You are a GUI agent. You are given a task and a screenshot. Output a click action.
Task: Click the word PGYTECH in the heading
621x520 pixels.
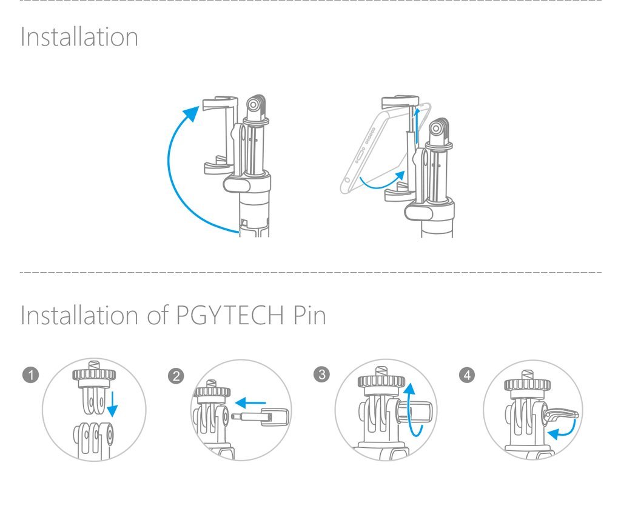point(229,315)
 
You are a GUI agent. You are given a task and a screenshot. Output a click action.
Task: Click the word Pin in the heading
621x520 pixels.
point(310,315)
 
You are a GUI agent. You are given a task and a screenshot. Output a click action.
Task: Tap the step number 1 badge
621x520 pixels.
point(31,375)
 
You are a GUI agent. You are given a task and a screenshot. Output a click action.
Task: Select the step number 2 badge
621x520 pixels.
point(176,376)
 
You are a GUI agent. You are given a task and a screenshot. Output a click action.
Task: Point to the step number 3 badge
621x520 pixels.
point(321,375)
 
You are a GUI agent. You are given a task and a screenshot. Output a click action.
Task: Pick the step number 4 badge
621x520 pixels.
point(467,375)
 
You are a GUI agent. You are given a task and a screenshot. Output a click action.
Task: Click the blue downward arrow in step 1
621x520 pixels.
point(112,404)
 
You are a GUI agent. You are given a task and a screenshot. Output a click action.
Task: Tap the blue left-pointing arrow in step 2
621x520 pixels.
point(250,403)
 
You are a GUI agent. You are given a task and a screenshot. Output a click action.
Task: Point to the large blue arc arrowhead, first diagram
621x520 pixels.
point(192,113)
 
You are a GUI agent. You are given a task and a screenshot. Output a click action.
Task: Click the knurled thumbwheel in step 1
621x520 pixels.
point(94,374)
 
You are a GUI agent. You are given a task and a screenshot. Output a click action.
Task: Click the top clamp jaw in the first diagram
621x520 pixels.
point(220,104)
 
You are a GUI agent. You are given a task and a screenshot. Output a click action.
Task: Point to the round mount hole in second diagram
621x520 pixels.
point(437,129)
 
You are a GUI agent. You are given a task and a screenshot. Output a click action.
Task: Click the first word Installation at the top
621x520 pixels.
point(79,37)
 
